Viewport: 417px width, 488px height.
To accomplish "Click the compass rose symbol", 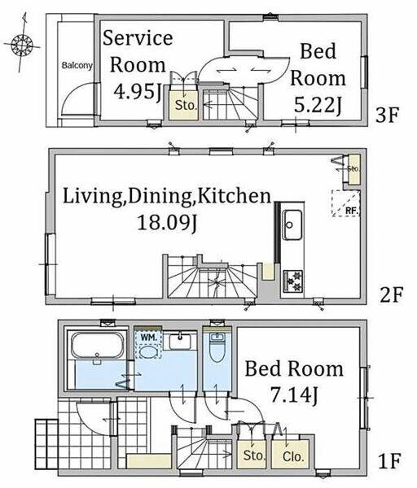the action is [22, 46].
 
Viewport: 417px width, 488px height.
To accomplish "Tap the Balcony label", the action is [77, 66].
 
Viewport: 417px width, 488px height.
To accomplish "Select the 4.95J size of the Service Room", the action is [137, 91].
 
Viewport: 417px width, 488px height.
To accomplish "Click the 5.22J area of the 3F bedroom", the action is [318, 105].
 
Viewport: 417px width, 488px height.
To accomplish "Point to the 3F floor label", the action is [388, 115].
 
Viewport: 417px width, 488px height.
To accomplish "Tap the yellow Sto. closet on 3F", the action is [184, 105].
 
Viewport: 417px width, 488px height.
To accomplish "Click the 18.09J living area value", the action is [167, 222].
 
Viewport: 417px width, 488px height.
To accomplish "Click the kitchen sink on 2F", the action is [292, 224].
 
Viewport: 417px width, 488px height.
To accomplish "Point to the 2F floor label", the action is [392, 295].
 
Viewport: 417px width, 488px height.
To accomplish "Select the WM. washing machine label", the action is [147, 337].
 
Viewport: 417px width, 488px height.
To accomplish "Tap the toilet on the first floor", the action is [217, 347].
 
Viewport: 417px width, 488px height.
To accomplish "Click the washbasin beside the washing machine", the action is [180, 342].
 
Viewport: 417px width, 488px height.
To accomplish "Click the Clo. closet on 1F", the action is [290, 454].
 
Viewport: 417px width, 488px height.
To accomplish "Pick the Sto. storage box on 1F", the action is [251, 455].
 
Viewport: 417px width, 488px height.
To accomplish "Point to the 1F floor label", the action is [388, 461].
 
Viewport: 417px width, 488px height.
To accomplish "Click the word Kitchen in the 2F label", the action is [235, 196].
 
